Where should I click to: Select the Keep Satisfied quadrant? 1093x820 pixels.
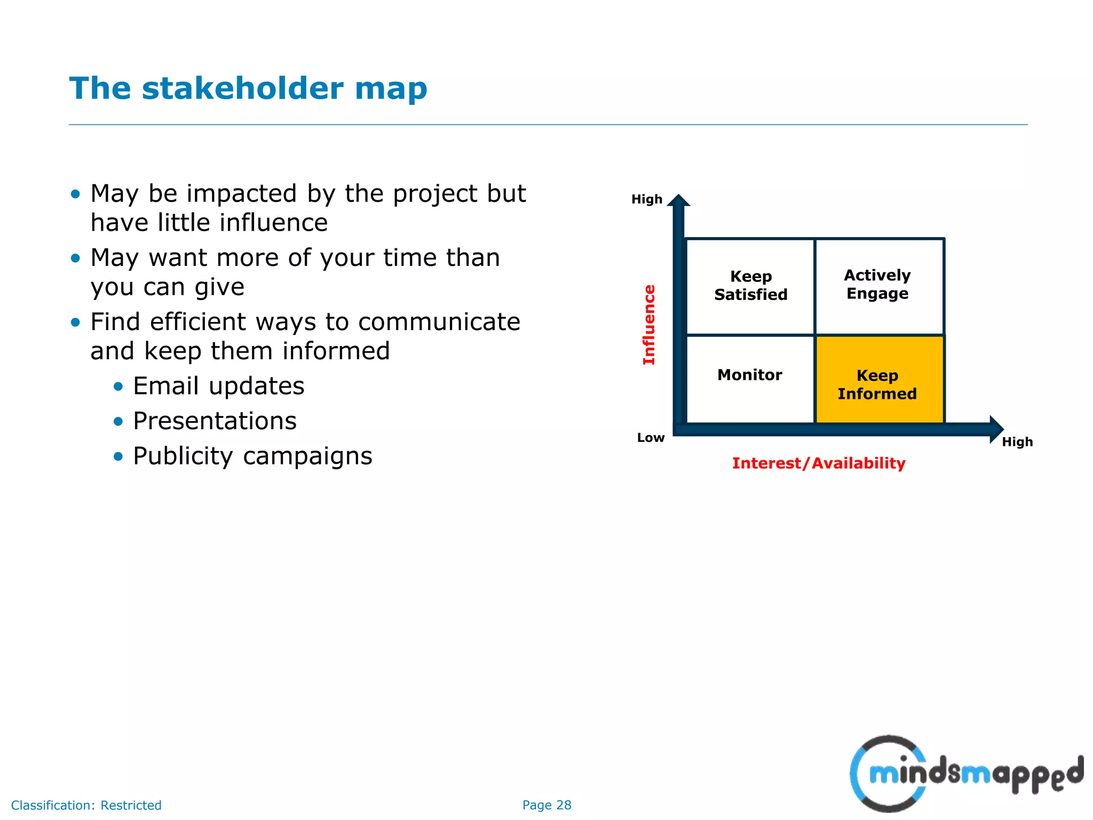pyautogui.click(x=750, y=286)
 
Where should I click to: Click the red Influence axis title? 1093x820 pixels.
pyautogui.click(x=649, y=325)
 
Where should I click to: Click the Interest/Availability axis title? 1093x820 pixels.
pyautogui.click(x=818, y=463)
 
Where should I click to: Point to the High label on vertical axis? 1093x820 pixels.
pyautogui.click(x=646, y=200)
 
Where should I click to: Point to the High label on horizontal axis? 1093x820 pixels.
pyautogui.click(x=1017, y=442)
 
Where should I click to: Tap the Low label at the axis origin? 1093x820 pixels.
pyautogui.click(x=651, y=438)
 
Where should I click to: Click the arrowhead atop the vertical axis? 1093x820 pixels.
pyautogui.click(x=678, y=201)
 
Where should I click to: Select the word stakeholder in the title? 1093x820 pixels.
pyautogui.click(x=242, y=89)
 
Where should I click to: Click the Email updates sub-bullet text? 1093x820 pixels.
pyautogui.click(x=218, y=386)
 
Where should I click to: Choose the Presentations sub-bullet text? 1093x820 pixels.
pyautogui.click(x=215, y=421)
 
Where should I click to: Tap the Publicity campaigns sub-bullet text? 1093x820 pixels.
pyautogui.click(x=252, y=456)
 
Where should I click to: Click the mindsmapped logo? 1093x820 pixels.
pyautogui.click(x=966, y=774)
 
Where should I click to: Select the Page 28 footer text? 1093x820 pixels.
pyautogui.click(x=546, y=805)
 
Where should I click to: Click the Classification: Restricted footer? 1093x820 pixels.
pyautogui.click(x=86, y=805)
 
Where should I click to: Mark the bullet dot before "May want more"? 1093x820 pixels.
pyautogui.click(x=76, y=259)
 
